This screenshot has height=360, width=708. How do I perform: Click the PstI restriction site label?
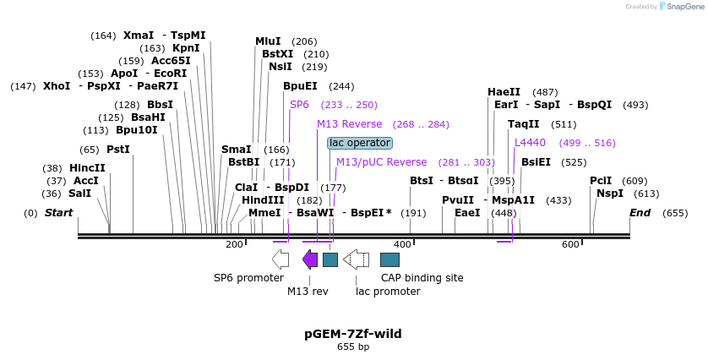pos(117,150)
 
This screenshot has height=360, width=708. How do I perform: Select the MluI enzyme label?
pos(269,41)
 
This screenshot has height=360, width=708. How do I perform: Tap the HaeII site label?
pos(504,92)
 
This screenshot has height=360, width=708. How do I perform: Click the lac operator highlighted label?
pos(360,143)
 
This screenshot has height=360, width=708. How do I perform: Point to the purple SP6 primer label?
pos(300,105)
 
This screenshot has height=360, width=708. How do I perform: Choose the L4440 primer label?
pos(530,143)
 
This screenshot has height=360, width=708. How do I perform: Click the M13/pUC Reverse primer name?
pos(381,162)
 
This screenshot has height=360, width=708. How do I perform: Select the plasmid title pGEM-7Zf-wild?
pos(353,334)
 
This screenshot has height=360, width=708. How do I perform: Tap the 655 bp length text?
pos(353,347)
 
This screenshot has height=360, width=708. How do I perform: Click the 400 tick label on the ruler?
pos(402,244)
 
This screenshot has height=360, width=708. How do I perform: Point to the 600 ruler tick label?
pos(570,244)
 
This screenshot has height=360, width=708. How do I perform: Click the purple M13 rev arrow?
pos(310,259)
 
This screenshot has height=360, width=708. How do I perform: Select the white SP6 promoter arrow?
pos(280,259)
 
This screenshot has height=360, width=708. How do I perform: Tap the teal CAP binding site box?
pos(389,259)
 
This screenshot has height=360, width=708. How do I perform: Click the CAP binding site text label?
pos(422,278)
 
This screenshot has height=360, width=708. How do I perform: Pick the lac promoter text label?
pos(388,292)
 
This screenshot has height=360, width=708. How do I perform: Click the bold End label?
pos(640,213)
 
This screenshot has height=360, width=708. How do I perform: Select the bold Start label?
pos(58,213)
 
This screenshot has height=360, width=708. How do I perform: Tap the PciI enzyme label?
pos(601,181)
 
